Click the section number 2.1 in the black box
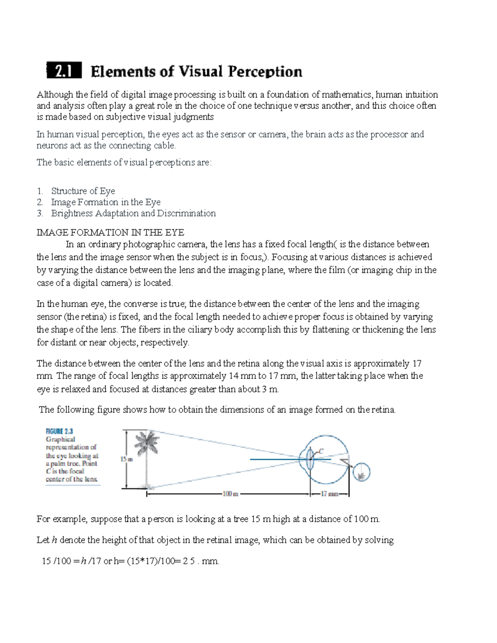[x=64, y=71]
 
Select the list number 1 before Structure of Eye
[x=40, y=191]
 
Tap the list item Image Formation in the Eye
[x=106, y=202]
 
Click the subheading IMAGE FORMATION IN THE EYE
[x=110, y=232]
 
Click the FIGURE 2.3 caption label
[x=59, y=431]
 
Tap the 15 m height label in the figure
[x=126, y=459]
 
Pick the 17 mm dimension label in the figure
[x=330, y=494]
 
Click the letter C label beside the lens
[x=321, y=451]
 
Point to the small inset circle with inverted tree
[x=361, y=473]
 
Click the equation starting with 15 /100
[x=130, y=561]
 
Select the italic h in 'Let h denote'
[x=52, y=540]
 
